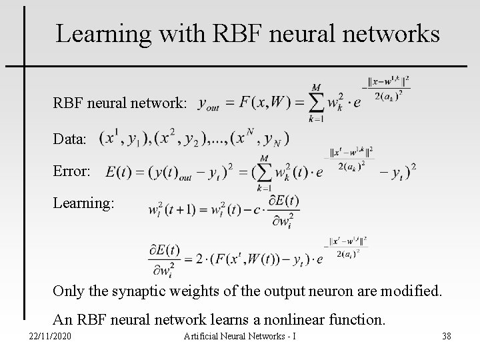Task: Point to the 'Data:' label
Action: click(x=70, y=140)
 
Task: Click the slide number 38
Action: click(x=446, y=335)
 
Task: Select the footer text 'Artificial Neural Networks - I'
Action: click(x=239, y=335)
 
